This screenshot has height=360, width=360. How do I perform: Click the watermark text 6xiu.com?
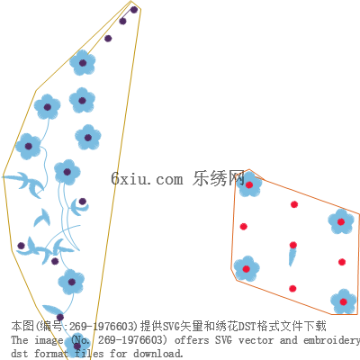point(147,179)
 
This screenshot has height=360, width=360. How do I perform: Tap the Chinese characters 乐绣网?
point(219,178)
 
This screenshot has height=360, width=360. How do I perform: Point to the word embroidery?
point(331,341)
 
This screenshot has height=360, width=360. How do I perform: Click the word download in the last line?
point(158,353)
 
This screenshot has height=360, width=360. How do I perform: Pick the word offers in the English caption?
point(192,340)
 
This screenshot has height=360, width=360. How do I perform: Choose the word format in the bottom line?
point(50,353)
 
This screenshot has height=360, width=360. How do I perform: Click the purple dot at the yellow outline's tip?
point(134,10)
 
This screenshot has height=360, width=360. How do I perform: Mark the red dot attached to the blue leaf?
point(293,245)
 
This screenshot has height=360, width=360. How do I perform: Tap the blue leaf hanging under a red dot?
point(292,257)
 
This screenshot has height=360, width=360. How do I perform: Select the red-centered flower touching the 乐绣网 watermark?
point(249,184)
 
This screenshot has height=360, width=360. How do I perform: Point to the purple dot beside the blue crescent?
point(83,202)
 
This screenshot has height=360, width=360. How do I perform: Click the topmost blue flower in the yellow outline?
point(83,63)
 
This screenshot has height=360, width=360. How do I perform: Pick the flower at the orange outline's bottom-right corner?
point(344,301)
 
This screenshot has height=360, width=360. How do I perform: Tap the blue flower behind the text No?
point(77,346)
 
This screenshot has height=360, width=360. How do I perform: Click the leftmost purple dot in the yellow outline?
point(21,246)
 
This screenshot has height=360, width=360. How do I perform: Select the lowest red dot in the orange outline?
point(292,289)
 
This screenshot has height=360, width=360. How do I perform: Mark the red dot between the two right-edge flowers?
point(342,262)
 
